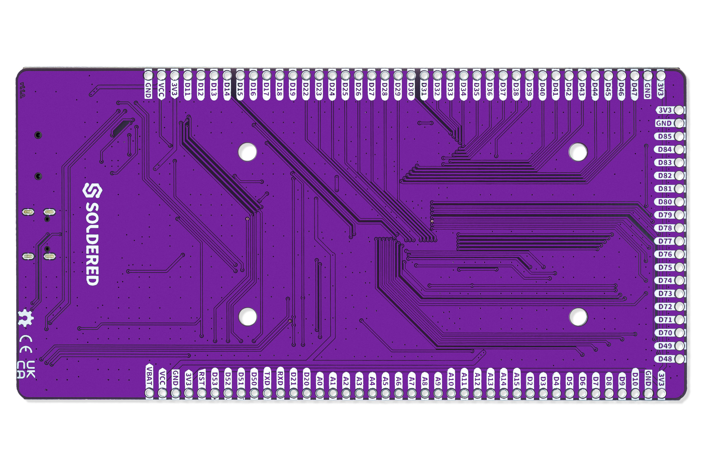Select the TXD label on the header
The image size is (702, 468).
[x=267, y=378]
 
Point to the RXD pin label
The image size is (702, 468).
[x=280, y=378]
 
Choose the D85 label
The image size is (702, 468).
[x=665, y=136]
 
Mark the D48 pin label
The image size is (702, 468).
[x=665, y=359]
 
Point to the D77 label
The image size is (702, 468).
[x=665, y=241]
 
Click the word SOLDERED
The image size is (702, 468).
[x=92, y=244]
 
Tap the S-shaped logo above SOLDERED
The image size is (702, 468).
[x=92, y=190]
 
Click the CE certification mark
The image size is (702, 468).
[x=26, y=344]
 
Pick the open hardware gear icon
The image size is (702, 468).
[x=26, y=318]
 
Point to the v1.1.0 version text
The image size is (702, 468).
[x=22, y=90]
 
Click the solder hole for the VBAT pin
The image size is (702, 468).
[x=149, y=393]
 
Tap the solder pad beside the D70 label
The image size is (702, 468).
[x=679, y=333]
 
